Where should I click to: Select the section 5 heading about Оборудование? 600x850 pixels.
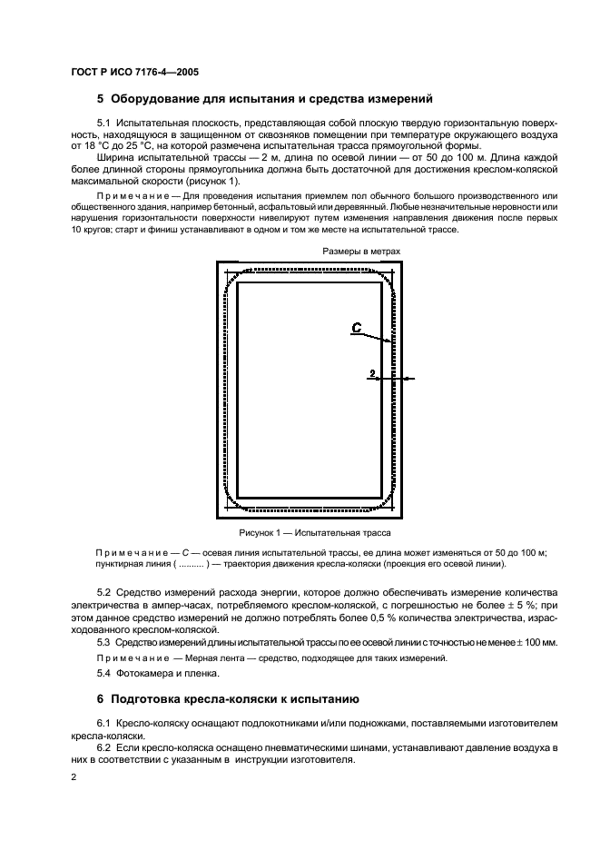click(265, 99)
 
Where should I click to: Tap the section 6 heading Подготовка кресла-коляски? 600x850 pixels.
click(235, 699)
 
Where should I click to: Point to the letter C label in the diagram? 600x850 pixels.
click(358, 329)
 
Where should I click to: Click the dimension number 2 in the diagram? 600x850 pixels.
click(372, 372)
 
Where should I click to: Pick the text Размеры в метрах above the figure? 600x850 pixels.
click(360, 252)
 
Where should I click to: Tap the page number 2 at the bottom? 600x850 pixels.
click(74, 778)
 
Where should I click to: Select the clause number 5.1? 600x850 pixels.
click(103, 122)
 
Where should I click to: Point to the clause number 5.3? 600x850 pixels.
click(103, 642)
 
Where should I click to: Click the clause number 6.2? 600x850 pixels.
click(103, 745)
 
